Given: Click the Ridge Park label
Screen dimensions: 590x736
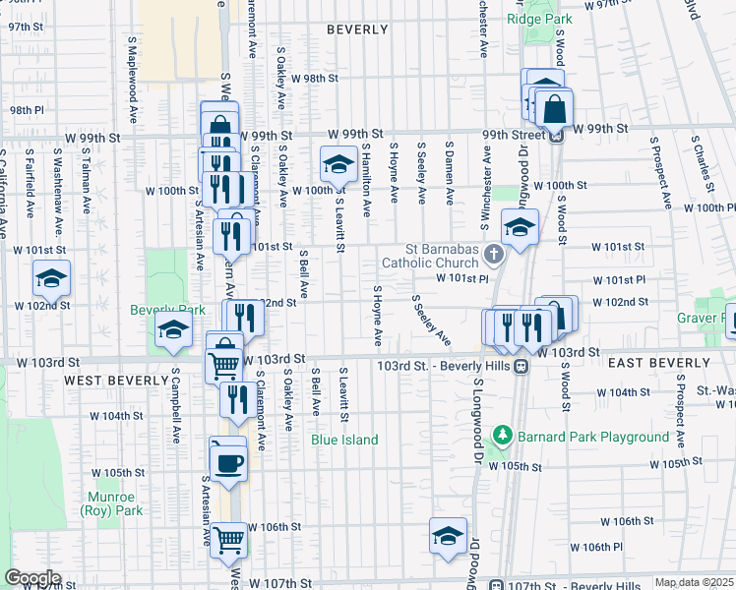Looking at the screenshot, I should [539, 19].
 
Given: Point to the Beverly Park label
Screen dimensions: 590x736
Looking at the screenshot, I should [168, 310].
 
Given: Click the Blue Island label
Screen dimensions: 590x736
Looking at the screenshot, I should [345, 440].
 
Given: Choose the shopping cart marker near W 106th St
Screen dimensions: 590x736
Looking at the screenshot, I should [228, 538].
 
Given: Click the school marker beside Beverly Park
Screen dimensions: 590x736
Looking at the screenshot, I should [173, 330].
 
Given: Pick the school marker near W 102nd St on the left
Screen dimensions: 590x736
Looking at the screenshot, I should [51, 279].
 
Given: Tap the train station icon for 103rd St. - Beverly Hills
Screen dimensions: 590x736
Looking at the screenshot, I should [521, 366].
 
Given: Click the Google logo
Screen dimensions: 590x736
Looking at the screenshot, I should [31, 578].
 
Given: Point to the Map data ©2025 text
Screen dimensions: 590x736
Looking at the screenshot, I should [694, 582].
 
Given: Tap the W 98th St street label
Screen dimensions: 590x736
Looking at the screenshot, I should [320, 79].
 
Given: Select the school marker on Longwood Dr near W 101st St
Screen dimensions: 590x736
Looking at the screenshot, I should [519, 228].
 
